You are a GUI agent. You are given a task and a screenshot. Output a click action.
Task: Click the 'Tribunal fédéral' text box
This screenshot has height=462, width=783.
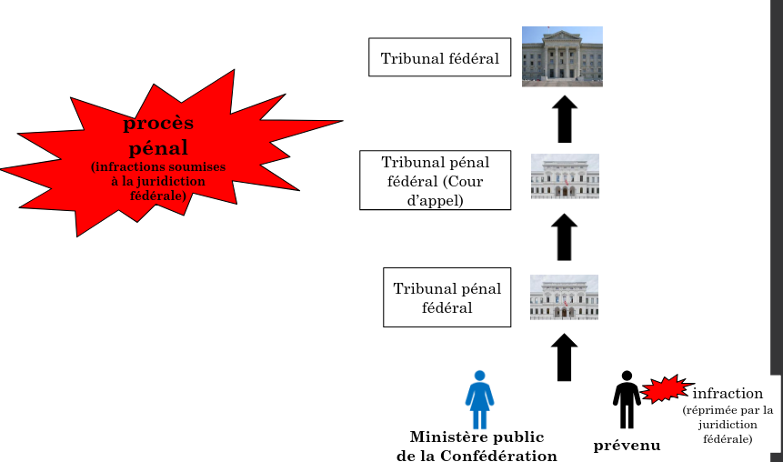click(x=439, y=58)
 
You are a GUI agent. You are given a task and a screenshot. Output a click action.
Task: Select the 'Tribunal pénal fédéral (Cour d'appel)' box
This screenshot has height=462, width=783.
click(x=435, y=181)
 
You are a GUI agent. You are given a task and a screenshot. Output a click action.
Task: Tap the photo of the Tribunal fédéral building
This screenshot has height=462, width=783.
click(x=562, y=56)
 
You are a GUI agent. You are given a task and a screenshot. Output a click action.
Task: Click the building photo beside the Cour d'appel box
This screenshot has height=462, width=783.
click(x=565, y=176)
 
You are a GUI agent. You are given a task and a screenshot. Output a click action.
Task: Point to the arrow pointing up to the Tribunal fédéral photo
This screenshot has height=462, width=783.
click(x=565, y=118)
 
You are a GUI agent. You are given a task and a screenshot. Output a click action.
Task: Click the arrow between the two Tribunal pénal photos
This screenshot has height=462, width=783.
click(x=565, y=237)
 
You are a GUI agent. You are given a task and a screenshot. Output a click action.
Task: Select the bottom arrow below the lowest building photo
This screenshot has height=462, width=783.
click(x=565, y=357)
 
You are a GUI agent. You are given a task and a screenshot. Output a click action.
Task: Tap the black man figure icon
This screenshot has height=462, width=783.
click(x=627, y=400)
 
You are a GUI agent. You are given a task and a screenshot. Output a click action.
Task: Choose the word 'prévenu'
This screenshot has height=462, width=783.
click(x=627, y=446)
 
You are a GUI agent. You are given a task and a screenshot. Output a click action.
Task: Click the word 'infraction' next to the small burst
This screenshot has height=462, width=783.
click(x=728, y=394)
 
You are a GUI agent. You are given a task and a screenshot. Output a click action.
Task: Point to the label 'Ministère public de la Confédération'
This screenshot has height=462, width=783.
click(x=477, y=446)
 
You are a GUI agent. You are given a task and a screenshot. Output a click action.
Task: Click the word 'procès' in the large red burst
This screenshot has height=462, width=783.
click(x=158, y=124)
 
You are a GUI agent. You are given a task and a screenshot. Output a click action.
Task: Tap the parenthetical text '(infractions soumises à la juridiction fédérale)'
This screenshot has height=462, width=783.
click(x=158, y=181)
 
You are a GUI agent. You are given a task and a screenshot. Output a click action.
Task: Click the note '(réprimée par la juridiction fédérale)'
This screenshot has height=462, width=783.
click(x=728, y=425)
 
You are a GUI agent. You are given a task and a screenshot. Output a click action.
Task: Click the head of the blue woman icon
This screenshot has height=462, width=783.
click(x=479, y=376)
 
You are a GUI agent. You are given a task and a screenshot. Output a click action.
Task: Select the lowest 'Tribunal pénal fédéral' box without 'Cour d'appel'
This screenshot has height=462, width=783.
click(x=447, y=297)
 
